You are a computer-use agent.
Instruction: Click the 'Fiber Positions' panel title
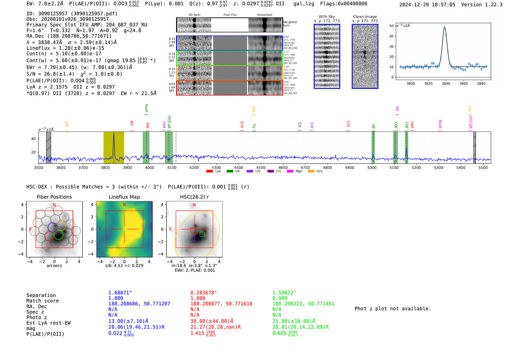[54, 197]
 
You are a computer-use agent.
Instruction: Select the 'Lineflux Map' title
[124, 197]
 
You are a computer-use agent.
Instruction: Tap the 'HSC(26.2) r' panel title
[194, 197]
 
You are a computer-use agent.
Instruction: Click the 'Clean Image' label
[365, 17]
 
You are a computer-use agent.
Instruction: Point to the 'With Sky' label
[327, 17]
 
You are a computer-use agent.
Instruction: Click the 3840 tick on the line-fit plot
[446, 83]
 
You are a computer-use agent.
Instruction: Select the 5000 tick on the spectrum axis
[372, 167]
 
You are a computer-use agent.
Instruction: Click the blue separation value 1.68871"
[120, 293]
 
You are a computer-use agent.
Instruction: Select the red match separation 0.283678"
[204, 293]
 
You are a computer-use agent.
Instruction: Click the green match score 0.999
[280, 298]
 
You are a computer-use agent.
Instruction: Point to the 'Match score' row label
[42, 301]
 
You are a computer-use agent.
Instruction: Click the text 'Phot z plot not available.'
[393, 309]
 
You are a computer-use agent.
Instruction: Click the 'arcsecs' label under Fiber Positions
[54, 266]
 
